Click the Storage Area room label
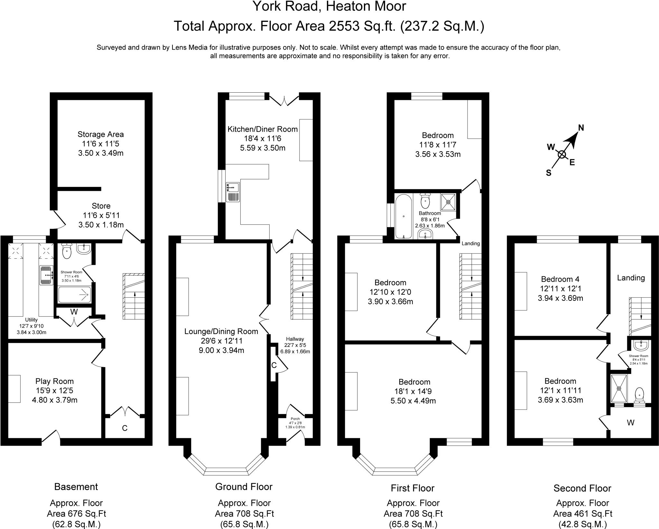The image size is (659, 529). (100, 134)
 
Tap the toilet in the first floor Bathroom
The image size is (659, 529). (425, 202)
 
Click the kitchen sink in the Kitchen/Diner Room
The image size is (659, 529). (233, 192)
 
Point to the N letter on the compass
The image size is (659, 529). (581, 128)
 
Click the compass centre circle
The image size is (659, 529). (562, 155)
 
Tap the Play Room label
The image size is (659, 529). (54, 381)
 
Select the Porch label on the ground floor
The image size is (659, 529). (295, 419)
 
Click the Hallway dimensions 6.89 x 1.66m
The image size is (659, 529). (295, 351)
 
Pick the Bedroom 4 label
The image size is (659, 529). (560, 279)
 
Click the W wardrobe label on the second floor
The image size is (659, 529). (630, 423)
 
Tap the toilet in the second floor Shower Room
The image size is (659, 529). (639, 395)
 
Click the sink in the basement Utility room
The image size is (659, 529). (46, 275)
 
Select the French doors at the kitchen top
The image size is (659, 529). (284, 100)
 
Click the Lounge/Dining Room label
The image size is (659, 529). (221, 331)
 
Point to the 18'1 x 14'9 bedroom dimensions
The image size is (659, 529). (414, 391)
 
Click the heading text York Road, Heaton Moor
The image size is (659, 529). (329, 6)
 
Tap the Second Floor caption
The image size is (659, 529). (582, 488)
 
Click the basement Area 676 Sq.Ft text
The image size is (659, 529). (76, 513)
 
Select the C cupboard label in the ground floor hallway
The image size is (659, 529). (274, 365)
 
